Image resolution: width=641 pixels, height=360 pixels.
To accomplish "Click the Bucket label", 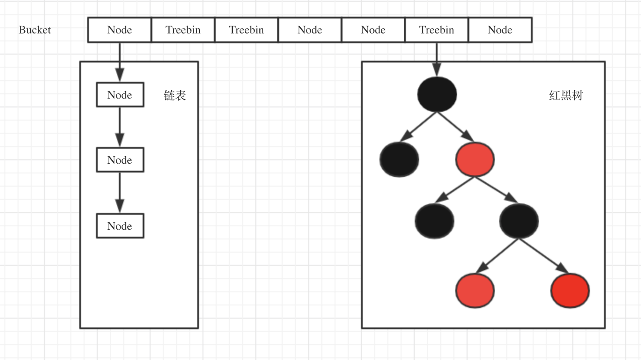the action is [35, 30].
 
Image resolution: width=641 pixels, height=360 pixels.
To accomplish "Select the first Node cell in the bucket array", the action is [120, 30].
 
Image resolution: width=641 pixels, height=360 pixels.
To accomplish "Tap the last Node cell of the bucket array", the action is [500, 30].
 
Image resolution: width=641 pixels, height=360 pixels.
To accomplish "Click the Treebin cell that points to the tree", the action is [436, 30].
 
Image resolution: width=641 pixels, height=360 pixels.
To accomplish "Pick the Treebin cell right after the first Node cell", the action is [183, 30].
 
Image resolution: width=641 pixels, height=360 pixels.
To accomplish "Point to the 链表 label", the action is [175, 96].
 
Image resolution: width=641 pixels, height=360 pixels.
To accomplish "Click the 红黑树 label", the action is [566, 96].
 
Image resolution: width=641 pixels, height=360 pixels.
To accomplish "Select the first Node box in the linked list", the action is [120, 95].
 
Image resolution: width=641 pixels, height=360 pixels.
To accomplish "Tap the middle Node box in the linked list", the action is [120, 160].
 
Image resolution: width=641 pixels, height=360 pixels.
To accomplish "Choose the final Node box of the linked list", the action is [120, 226].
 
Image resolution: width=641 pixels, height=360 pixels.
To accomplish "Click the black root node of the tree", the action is [437, 94].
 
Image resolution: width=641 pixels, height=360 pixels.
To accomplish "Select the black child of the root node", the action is [399, 159].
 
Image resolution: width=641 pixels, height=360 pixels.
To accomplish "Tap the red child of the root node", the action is [475, 159].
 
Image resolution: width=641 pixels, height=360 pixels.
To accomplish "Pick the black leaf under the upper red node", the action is [435, 221].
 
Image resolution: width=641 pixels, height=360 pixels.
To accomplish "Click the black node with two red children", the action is [519, 221].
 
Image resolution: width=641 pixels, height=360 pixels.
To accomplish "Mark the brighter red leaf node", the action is [570, 290].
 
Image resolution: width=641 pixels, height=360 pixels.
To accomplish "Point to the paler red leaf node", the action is [475, 290].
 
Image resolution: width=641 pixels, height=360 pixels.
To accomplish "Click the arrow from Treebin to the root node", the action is [437, 59].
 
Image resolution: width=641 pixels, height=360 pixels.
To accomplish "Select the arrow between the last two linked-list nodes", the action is [120, 193].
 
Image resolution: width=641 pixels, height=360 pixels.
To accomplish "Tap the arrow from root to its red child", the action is [455, 127].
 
